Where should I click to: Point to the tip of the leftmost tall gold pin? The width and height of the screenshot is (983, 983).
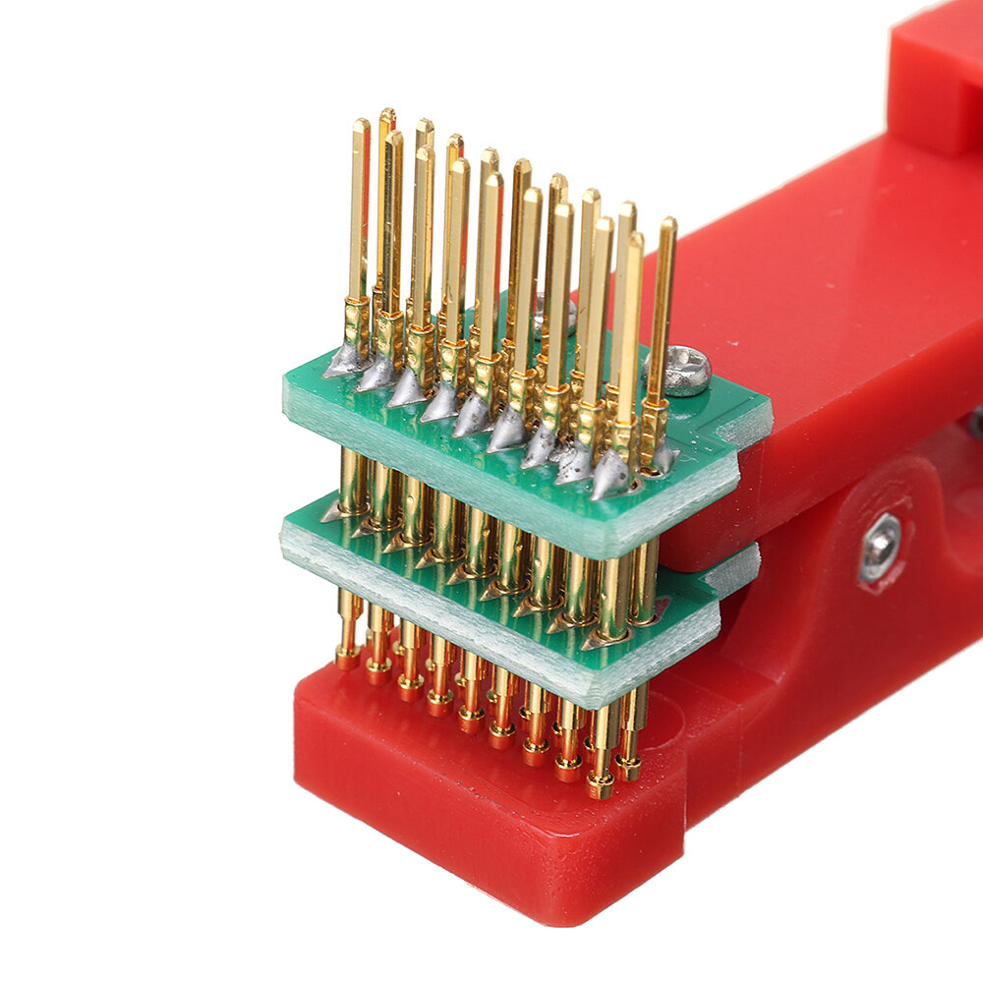click(x=361, y=125)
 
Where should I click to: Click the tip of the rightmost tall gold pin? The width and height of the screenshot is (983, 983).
click(x=668, y=223)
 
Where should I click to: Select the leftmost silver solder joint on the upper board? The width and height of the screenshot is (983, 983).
click(x=344, y=362)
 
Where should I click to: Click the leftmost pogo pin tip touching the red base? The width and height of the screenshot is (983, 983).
click(x=347, y=658)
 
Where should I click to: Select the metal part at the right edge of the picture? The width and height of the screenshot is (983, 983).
click(x=975, y=423)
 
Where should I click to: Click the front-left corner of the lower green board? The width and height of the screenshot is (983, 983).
click(x=283, y=536)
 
